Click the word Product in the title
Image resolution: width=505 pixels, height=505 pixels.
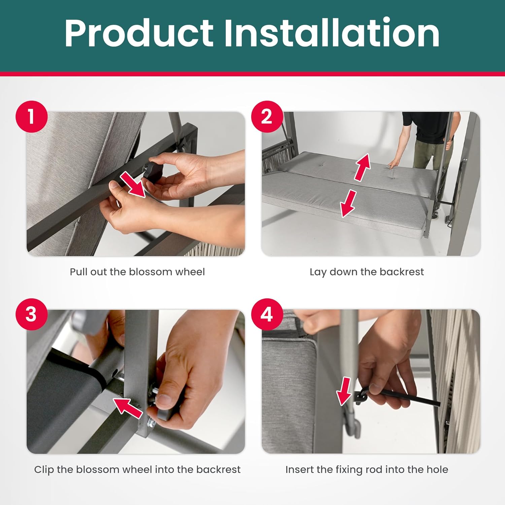139,33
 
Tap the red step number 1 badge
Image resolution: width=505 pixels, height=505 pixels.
31,116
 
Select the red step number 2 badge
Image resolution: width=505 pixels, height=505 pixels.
267,116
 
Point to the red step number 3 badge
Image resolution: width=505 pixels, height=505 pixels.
31,314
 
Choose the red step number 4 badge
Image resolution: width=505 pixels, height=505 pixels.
267,314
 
